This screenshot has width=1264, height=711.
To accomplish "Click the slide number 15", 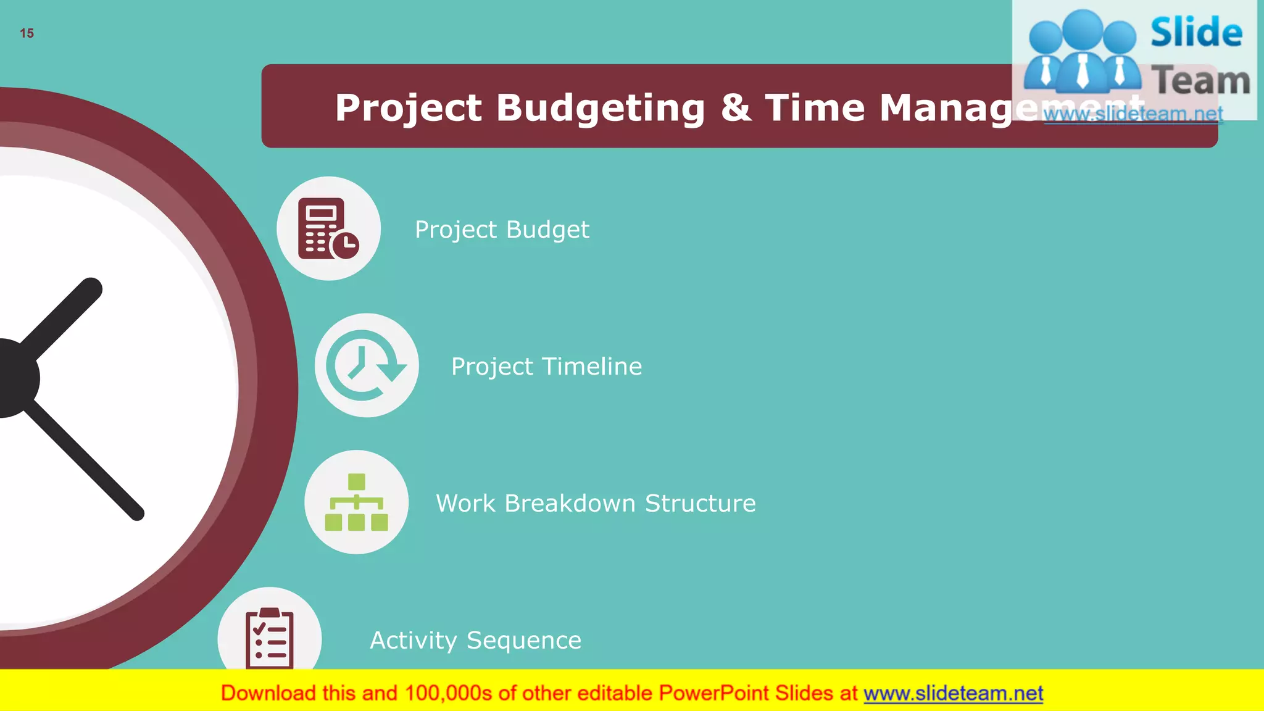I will click(27, 33).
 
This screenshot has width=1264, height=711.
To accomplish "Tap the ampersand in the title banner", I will click(736, 107).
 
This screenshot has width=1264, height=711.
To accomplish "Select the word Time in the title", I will click(815, 107).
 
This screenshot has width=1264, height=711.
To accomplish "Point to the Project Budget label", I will click(502, 230).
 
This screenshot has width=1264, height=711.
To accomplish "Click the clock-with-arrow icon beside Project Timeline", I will click(367, 365).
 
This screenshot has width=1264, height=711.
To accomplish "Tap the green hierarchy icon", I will click(356, 502).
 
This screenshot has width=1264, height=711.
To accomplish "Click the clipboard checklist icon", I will click(270, 638).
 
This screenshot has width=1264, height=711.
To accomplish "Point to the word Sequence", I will click(523, 641).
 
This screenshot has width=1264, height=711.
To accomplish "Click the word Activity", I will click(413, 641).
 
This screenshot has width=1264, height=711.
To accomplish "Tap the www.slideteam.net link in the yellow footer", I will click(953, 694).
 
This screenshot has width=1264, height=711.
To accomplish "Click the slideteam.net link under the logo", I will click(1133, 114).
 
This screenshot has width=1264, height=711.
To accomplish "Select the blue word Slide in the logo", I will click(1195, 33).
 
